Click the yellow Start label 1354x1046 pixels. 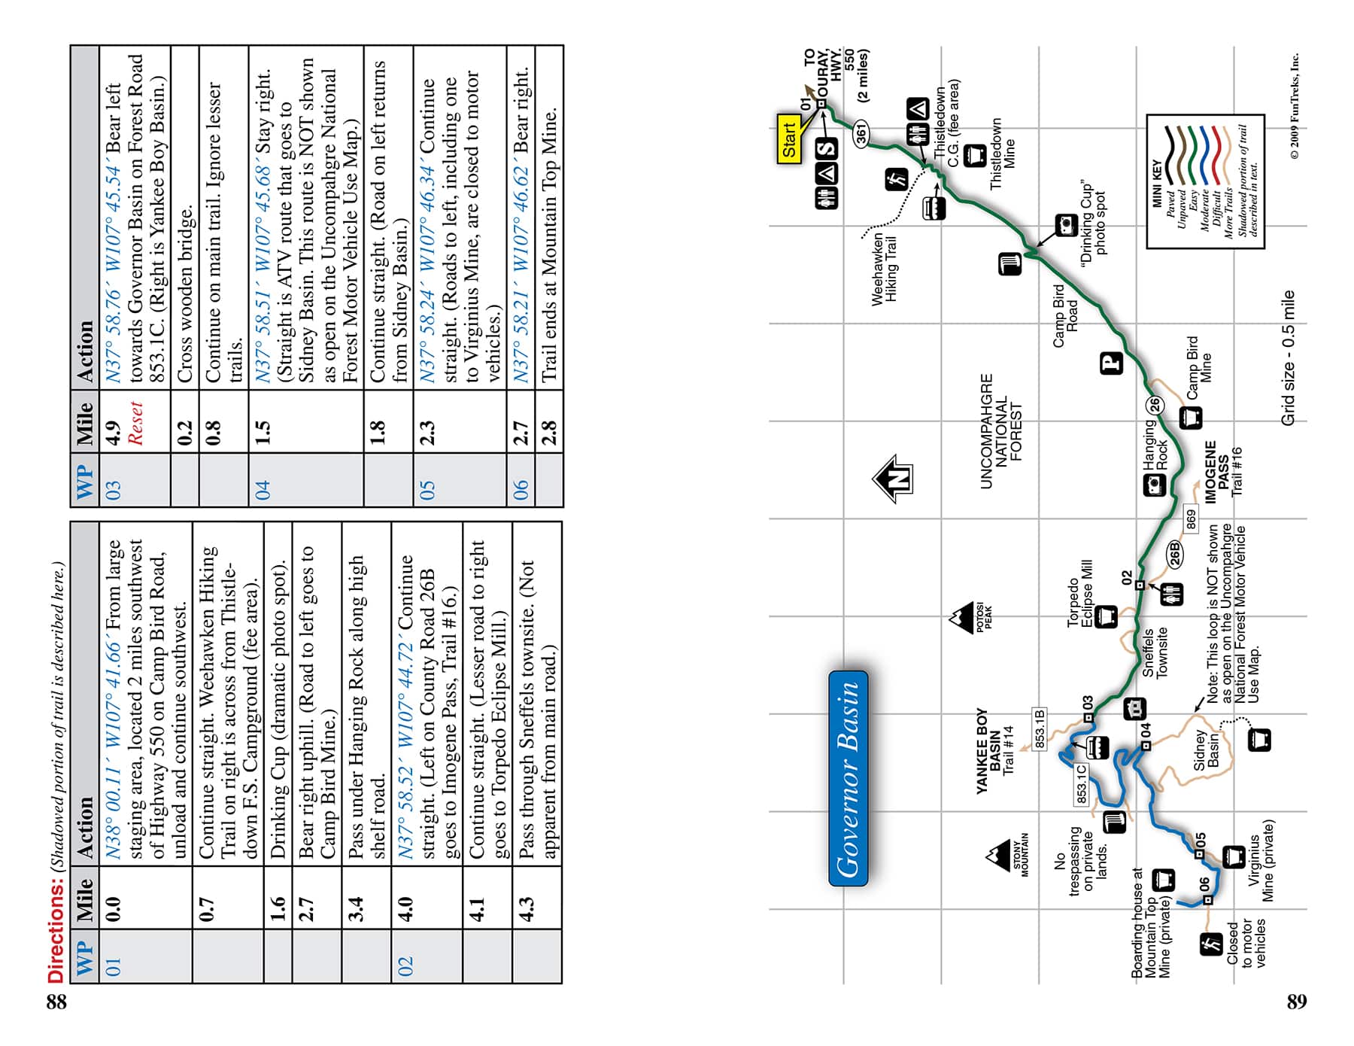coord(789,139)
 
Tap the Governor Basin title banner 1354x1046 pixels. coord(849,778)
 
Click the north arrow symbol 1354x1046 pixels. coord(893,479)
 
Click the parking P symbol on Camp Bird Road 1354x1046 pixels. coord(1112,363)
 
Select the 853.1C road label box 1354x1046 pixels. coord(1081,784)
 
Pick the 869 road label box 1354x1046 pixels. coord(1191,518)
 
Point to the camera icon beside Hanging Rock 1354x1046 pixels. coord(1155,486)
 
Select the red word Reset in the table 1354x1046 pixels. coord(135,422)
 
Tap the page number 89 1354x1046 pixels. coord(1296,1001)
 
